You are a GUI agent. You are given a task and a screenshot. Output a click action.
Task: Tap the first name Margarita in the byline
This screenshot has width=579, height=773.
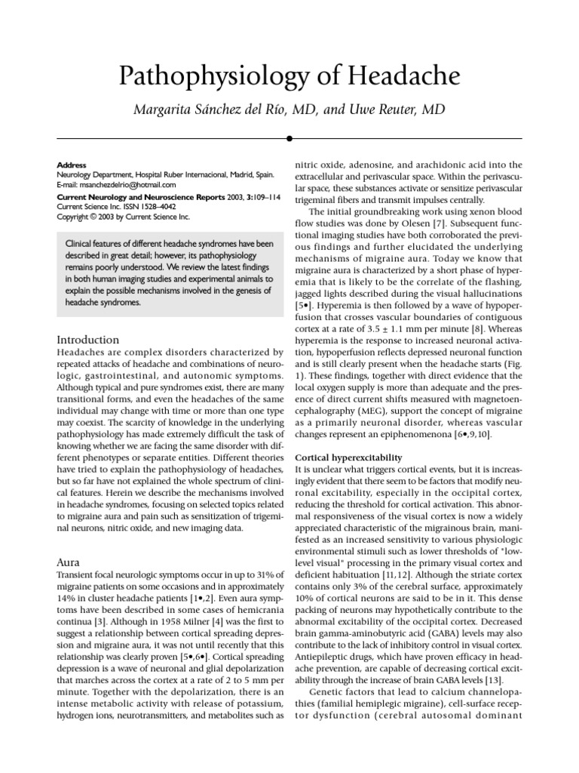167,110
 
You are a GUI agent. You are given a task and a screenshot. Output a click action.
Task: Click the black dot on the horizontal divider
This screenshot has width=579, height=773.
289,139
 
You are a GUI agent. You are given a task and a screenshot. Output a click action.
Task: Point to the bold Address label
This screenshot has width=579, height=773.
72,165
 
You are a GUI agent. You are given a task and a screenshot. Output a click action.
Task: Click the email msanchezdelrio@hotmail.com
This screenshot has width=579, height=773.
128,184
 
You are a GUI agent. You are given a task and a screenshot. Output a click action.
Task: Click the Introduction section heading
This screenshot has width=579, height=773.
88,340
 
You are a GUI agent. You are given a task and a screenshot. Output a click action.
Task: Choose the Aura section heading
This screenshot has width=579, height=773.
69,562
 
